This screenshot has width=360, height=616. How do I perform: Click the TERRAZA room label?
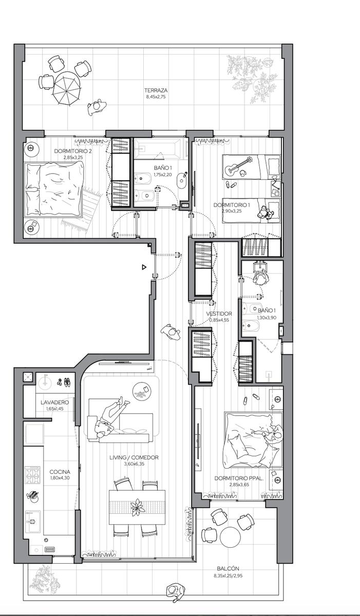[x=156, y=90]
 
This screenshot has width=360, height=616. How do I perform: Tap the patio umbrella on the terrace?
[x=67, y=88]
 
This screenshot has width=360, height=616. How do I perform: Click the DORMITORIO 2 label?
[x=73, y=151]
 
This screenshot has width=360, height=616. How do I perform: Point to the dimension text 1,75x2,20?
[x=163, y=175]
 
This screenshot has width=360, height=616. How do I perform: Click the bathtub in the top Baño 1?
[x=157, y=148]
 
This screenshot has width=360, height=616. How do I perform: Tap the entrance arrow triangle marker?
[x=144, y=267]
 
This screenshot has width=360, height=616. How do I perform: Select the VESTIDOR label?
[x=219, y=314]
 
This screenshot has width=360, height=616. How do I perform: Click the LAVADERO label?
[x=55, y=402]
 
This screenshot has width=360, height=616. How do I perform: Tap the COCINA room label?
[x=60, y=472]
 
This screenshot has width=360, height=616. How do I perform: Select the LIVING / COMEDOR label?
[x=134, y=457]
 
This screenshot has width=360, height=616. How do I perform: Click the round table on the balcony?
[x=230, y=537]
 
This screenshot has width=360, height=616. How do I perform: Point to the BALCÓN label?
[x=228, y=568]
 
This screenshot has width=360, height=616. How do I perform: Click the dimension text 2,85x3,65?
[x=239, y=485]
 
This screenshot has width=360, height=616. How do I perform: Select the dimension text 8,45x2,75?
[x=156, y=97]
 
